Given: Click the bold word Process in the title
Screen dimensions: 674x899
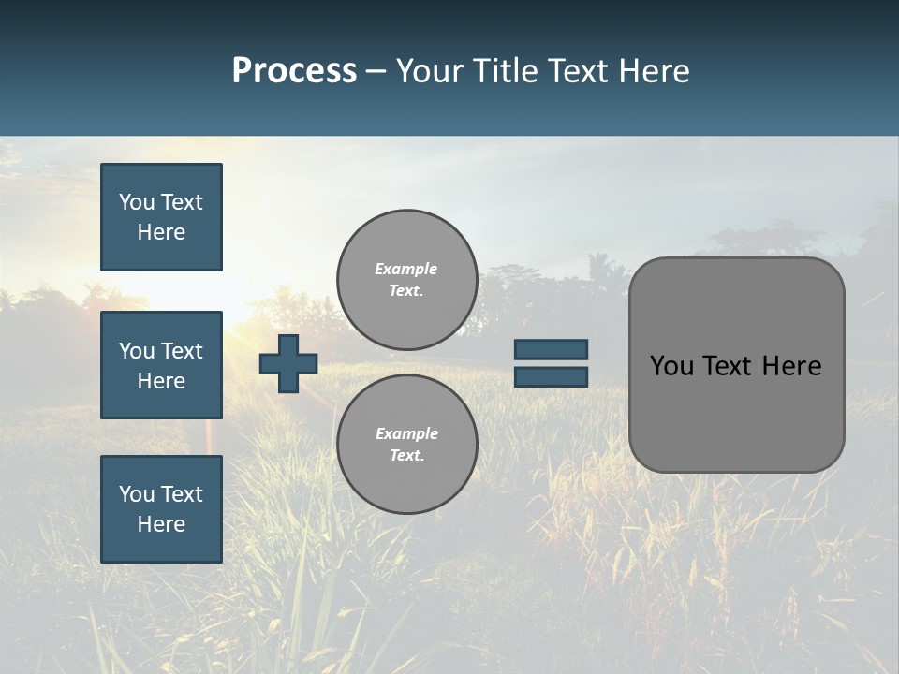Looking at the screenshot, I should click(294, 71).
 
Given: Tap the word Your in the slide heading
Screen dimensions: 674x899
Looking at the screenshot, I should click(433, 71).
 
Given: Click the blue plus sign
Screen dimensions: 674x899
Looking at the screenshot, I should click(288, 363).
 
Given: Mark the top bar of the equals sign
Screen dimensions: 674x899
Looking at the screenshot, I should click(551, 349).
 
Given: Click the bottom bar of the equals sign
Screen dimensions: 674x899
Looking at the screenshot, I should click(551, 376).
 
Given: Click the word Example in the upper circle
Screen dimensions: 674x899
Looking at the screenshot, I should click(405, 269).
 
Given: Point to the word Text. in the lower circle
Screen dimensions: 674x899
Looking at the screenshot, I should click(407, 456).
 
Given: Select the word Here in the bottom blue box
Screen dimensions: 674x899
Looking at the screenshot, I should click(161, 524).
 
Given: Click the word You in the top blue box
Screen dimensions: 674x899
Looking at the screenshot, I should click(137, 202).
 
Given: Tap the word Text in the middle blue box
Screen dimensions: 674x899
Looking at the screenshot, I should click(181, 351).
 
